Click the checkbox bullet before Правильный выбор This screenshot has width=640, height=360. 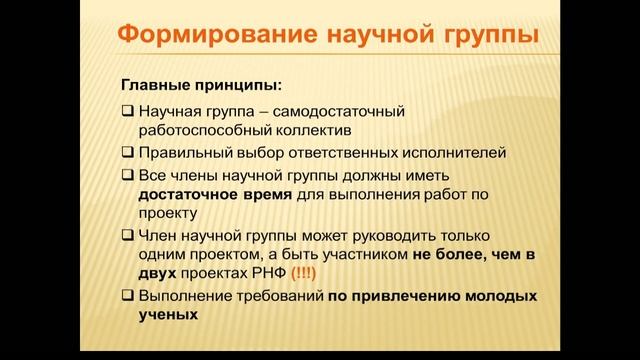(128, 152)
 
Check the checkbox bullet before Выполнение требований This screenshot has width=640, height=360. (128, 296)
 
